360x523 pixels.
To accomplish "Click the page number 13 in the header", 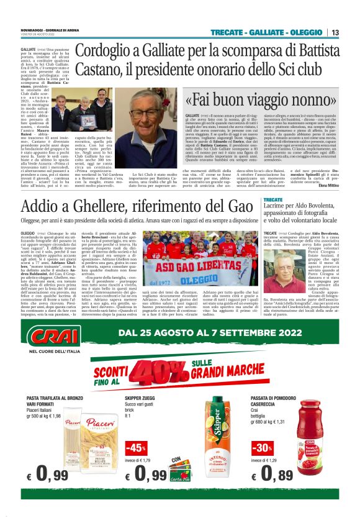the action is (x=335, y=32).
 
